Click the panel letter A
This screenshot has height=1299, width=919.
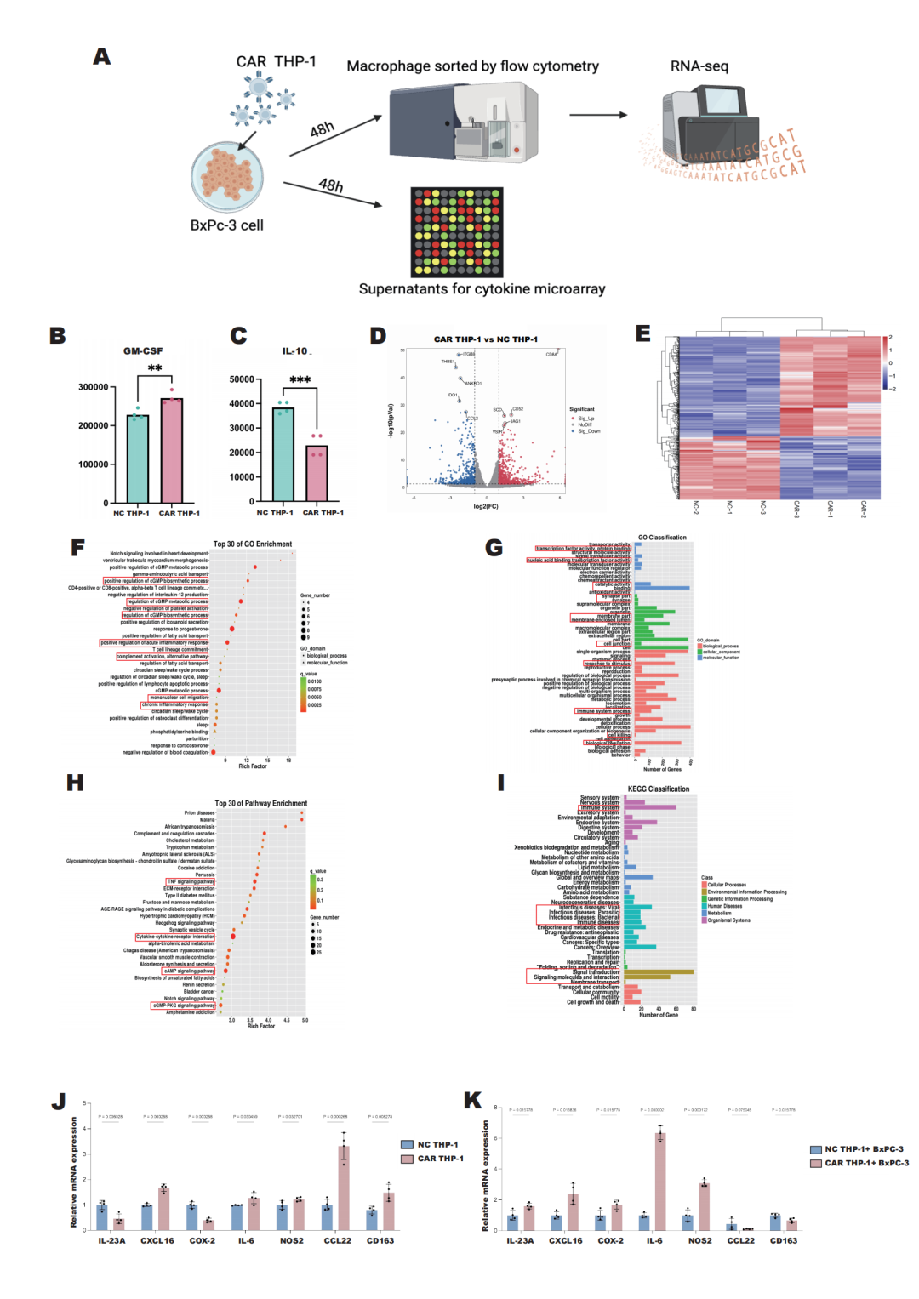[x=102, y=57]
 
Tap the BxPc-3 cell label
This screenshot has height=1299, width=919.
[x=226, y=225]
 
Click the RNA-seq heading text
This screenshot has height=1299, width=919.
[x=699, y=66]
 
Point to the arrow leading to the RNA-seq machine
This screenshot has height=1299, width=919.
[x=597, y=115]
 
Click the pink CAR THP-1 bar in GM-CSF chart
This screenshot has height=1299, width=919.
[x=172, y=450]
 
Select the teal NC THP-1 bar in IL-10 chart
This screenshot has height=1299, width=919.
[x=283, y=455]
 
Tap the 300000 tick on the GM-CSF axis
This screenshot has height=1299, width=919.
[x=93, y=387]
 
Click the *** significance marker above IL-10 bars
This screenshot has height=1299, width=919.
[x=300, y=379]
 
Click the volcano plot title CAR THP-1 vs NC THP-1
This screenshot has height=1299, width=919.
[x=485, y=339]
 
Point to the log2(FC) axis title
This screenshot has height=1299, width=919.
[x=486, y=506]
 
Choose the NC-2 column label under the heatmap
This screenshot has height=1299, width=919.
[x=695, y=508]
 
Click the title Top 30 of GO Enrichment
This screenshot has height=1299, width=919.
[x=252, y=544]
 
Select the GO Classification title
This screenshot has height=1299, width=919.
[x=662, y=538]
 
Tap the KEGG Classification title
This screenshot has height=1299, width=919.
[x=658, y=789]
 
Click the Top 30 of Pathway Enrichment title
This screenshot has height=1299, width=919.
[x=260, y=803]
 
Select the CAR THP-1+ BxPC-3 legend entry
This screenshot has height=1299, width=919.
[x=865, y=1163]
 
